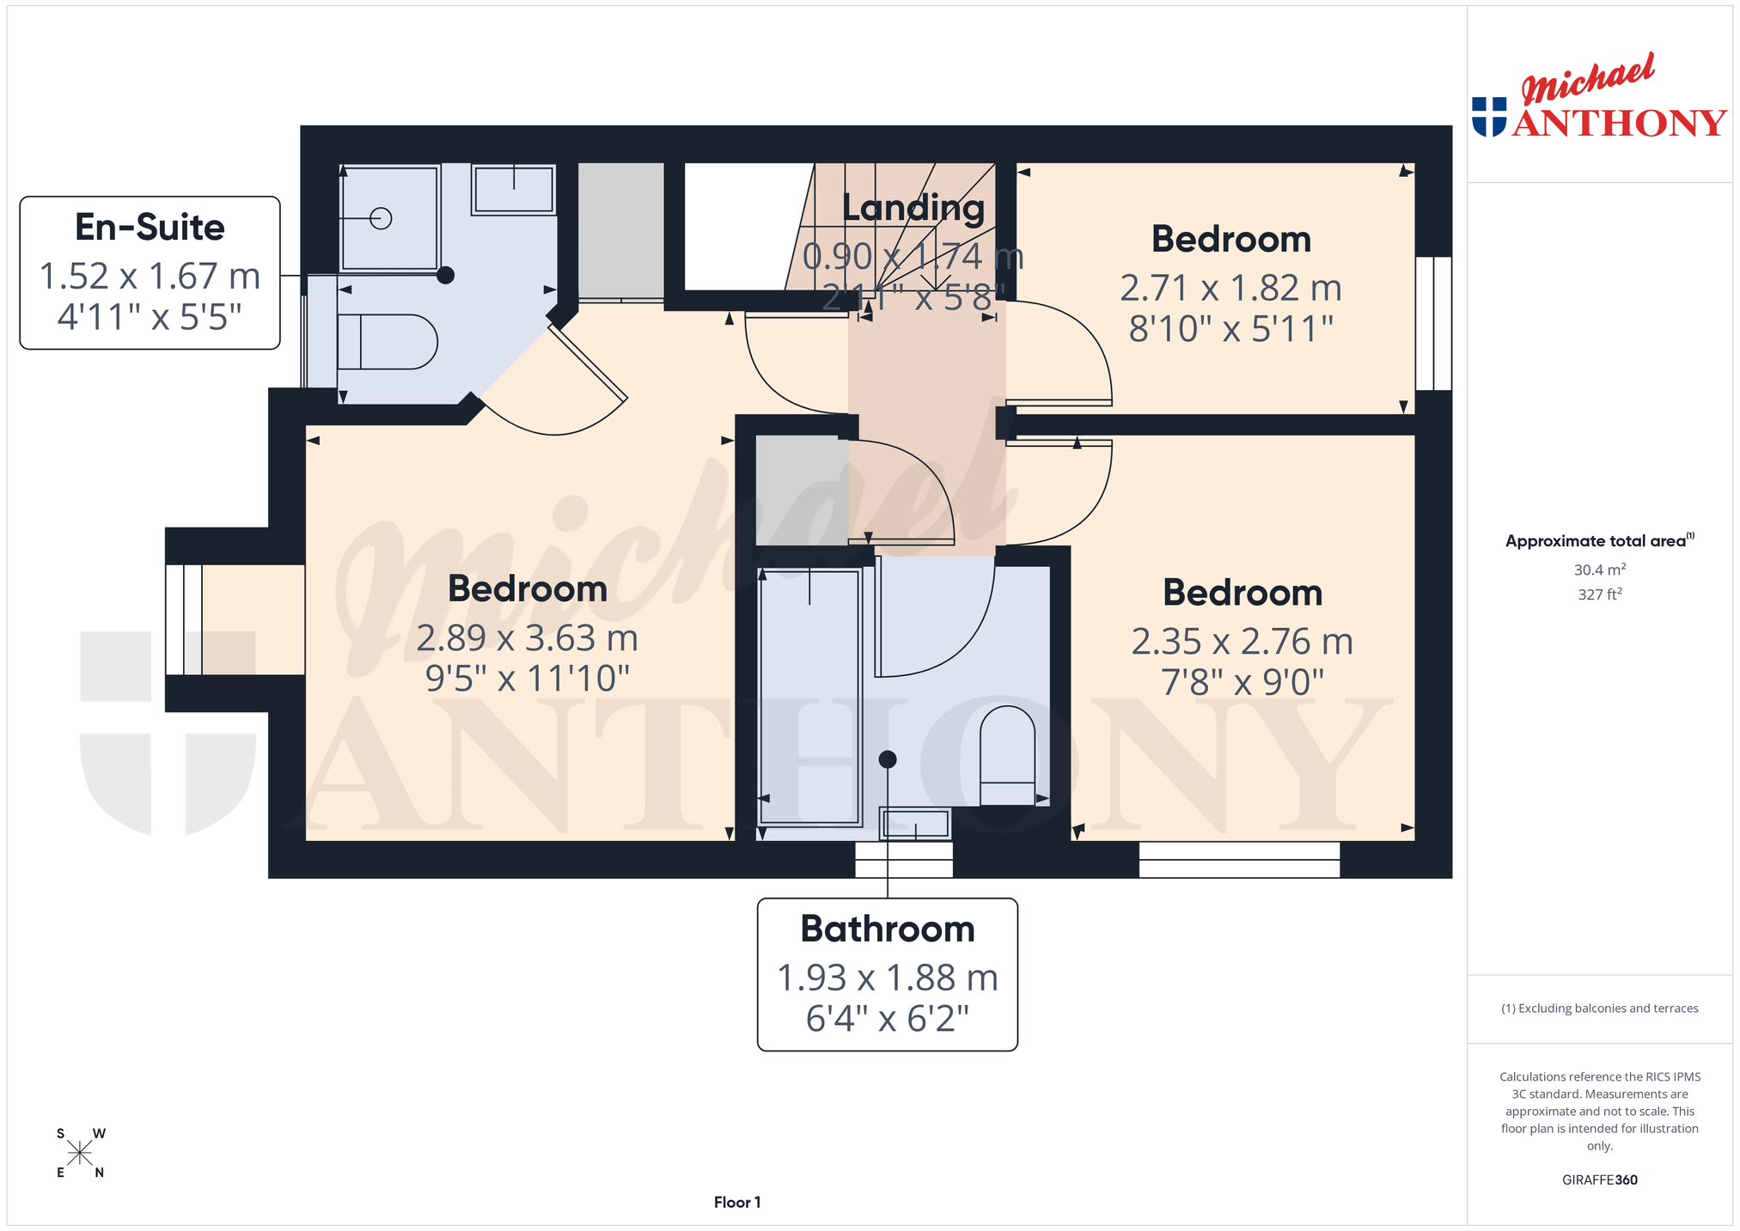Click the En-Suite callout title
(x=150, y=228)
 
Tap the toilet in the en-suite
(x=387, y=342)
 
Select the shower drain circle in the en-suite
(x=381, y=218)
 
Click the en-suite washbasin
(x=513, y=189)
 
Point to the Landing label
(x=913, y=208)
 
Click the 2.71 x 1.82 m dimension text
(x=1230, y=288)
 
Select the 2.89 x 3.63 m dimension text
(x=528, y=638)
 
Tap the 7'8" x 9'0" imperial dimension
(x=1242, y=683)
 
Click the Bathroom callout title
(x=888, y=929)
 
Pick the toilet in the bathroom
(x=1007, y=755)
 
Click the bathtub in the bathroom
(x=809, y=697)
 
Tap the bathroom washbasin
(x=915, y=824)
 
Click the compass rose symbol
(x=80, y=1153)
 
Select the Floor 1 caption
(x=737, y=1202)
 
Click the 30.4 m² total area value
(x=1599, y=570)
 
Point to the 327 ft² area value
(x=1599, y=594)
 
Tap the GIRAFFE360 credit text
(x=1599, y=1179)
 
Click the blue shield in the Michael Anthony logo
(x=1489, y=117)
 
